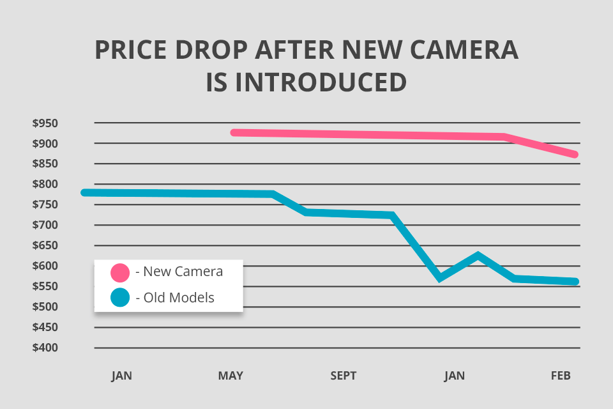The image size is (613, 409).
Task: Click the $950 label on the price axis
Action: pos(45,123)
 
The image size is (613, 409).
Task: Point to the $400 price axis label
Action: pos(45,348)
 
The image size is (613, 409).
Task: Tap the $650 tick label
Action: pos(45,245)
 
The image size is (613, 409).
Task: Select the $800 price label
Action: pos(45,184)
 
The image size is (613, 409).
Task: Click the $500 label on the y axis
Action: pos(45,307)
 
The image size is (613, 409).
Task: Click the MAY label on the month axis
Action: pos(231,376)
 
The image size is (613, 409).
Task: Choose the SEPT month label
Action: pos(344,376)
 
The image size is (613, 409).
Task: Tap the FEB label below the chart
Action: pos(561,376)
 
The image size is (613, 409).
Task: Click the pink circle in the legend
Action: pos(120,272)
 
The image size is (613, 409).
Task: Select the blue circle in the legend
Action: pos(120,297)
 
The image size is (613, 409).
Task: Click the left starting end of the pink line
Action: pos(234,133)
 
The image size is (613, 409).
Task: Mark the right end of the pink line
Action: pos(575,155)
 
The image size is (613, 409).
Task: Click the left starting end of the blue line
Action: pos(84,192)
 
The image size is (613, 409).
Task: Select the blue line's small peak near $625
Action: pos(477,256)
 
